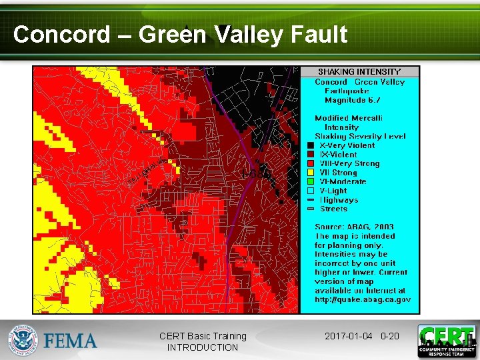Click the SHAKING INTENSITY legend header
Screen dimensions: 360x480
(359, 71)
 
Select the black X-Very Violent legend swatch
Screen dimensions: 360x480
(311, 145)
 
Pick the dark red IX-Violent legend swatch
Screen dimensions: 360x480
(311, 155)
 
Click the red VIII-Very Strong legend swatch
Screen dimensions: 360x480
(311, 163)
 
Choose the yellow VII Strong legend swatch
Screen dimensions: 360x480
(311, 173)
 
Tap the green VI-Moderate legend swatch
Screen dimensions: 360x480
(311, 181)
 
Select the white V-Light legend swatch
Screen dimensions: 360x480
(311, 191)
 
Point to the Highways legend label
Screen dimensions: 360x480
(339, 200)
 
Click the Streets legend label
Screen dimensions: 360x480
(333, 209)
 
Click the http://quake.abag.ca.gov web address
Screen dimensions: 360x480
(363, 299)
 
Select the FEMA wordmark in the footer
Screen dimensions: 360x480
(70, 341)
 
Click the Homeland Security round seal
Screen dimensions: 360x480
(23, 341)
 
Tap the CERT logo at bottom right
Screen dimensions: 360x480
(446, 341)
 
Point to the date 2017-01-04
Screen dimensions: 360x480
(349, 336)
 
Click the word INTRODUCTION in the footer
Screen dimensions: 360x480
(202, 347)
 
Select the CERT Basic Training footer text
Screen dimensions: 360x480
(202, 336)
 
